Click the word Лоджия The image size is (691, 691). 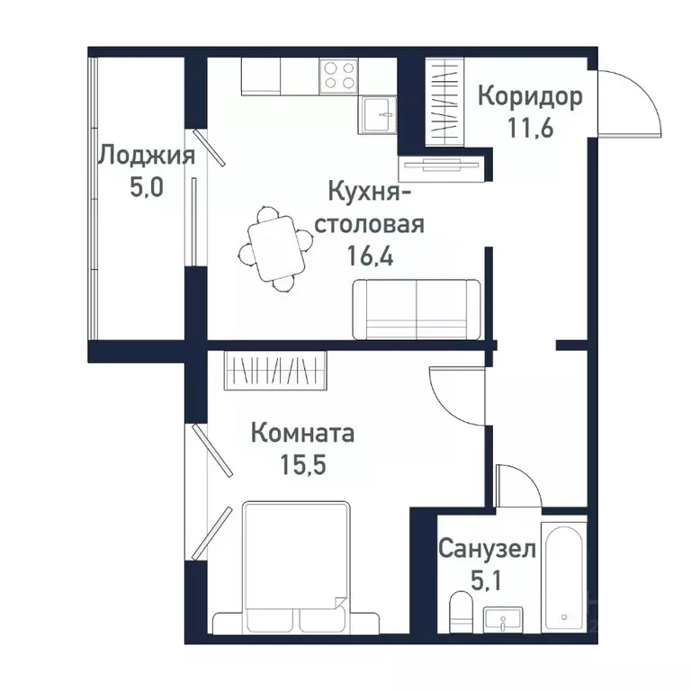[146, 157]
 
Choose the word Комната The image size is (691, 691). [302, 434]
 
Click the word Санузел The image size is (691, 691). [488, 549]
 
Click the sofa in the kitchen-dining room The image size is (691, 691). [417, 308]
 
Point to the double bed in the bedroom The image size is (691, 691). [295, 567]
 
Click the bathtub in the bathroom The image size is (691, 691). [564, 577]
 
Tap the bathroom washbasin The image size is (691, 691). [507, 620]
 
